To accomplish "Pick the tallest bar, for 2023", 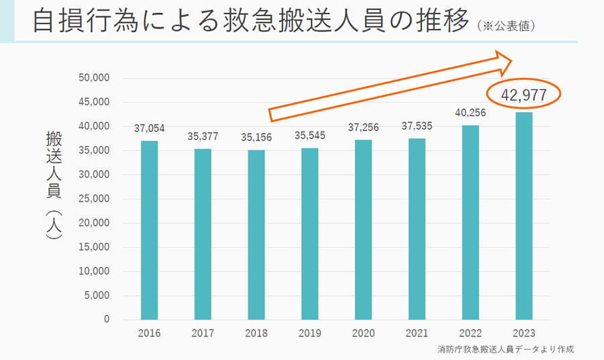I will pyautogui.click(x=523, y=216).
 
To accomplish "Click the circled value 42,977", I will pyautogui.click(x=523, y=97).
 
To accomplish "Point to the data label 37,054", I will pyautogui.click(x=149, y=128).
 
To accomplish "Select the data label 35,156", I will pyautogui.click(x=256, y=136).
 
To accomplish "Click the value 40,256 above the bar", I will pyautogui.click(x=470, y=113).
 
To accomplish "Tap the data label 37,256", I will pyautogui.click(x=363, y=127).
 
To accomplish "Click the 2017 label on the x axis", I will pyautogui.click(x=203, y=333).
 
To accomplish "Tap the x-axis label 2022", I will pyautogui.click(x=470, y=333).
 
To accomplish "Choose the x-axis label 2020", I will pyautogui.click(x=363, y=333).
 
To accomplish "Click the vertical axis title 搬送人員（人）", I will pyautogui.click(x=54, y=185).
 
